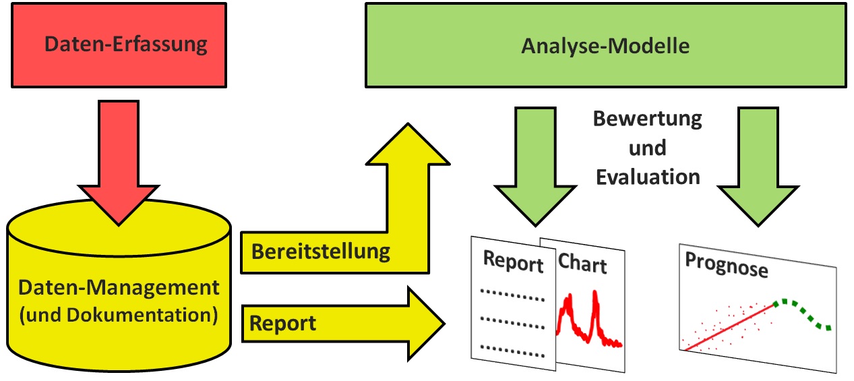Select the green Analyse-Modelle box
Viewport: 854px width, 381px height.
[605, 46]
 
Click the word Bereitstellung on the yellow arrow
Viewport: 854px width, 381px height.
[320, 252]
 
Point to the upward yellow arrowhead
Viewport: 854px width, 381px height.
[407, 145]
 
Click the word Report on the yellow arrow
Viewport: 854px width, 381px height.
[282, 323]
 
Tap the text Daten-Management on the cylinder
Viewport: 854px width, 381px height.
[119, 288]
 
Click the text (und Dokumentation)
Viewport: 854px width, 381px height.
[119, 314]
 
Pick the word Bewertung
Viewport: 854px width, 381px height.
[647, 119]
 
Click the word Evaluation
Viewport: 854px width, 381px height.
[647, 177]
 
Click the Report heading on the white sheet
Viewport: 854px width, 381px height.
[514, 262]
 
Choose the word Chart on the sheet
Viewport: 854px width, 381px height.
[583, 264]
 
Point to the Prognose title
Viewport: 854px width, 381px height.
[726, 265]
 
